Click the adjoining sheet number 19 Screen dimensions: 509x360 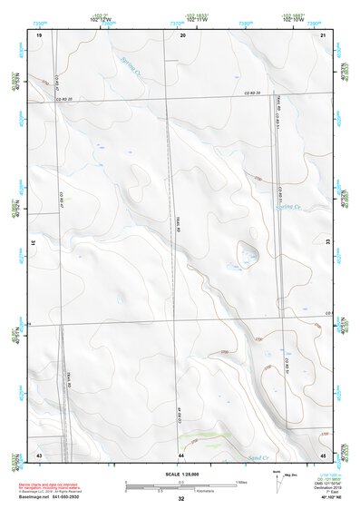point(39,34)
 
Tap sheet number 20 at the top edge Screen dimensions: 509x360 point(183,34)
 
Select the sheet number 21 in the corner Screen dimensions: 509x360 point(324,34)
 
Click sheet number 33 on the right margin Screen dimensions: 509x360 point(327,243)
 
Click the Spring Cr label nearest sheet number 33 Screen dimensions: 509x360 point(287,208)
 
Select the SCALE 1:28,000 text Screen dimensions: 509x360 point(180,475)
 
